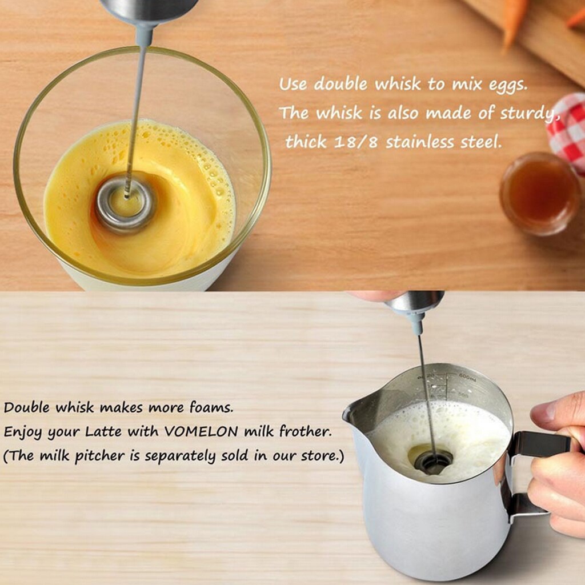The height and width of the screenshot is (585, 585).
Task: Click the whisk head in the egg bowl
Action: [125, 205]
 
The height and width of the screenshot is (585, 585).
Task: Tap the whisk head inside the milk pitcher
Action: [433, 460]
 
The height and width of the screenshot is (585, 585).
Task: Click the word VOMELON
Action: [202, 432]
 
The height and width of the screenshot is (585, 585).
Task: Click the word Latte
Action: [105, 432]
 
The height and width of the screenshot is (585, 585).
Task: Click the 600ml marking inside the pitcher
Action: [466, 377]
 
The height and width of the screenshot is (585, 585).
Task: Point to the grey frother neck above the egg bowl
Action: [143, 34]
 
